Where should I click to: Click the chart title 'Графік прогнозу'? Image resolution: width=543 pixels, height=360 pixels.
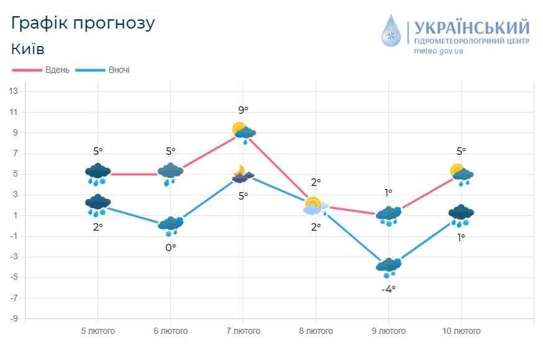tap(83, 23)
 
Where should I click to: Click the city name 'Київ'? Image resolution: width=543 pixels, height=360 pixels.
tap(28, 49)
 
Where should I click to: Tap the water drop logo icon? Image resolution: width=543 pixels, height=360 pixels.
tap(391, 31)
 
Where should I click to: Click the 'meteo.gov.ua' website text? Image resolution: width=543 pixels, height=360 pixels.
tap(439, 51)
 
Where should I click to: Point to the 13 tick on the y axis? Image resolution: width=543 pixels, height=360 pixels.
tap(13, 91)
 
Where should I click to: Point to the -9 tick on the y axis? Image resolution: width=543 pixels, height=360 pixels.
tap(13, 319)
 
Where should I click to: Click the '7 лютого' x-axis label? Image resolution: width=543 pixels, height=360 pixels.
tap(243, 331)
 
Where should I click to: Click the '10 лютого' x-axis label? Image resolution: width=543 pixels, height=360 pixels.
tap(460, 331)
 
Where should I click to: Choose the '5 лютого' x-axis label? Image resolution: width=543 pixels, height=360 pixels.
tap(98, 331)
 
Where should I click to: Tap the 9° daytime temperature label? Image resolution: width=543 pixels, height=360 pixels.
tap(243, 111)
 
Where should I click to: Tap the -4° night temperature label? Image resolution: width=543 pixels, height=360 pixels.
tap(388, 288)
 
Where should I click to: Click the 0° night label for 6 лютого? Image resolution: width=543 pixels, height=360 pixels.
tap(170, 247)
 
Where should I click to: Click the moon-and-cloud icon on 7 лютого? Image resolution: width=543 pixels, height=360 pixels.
tap(242, 175)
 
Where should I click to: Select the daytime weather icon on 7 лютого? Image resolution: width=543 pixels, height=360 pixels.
tap(244, 132)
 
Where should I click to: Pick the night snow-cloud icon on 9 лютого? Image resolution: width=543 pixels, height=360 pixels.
tap(389, 267)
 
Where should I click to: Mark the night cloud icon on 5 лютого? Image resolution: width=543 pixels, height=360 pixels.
tap(98, 204)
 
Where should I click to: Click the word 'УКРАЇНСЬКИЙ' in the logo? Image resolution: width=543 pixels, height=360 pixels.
tap(472, 27)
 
